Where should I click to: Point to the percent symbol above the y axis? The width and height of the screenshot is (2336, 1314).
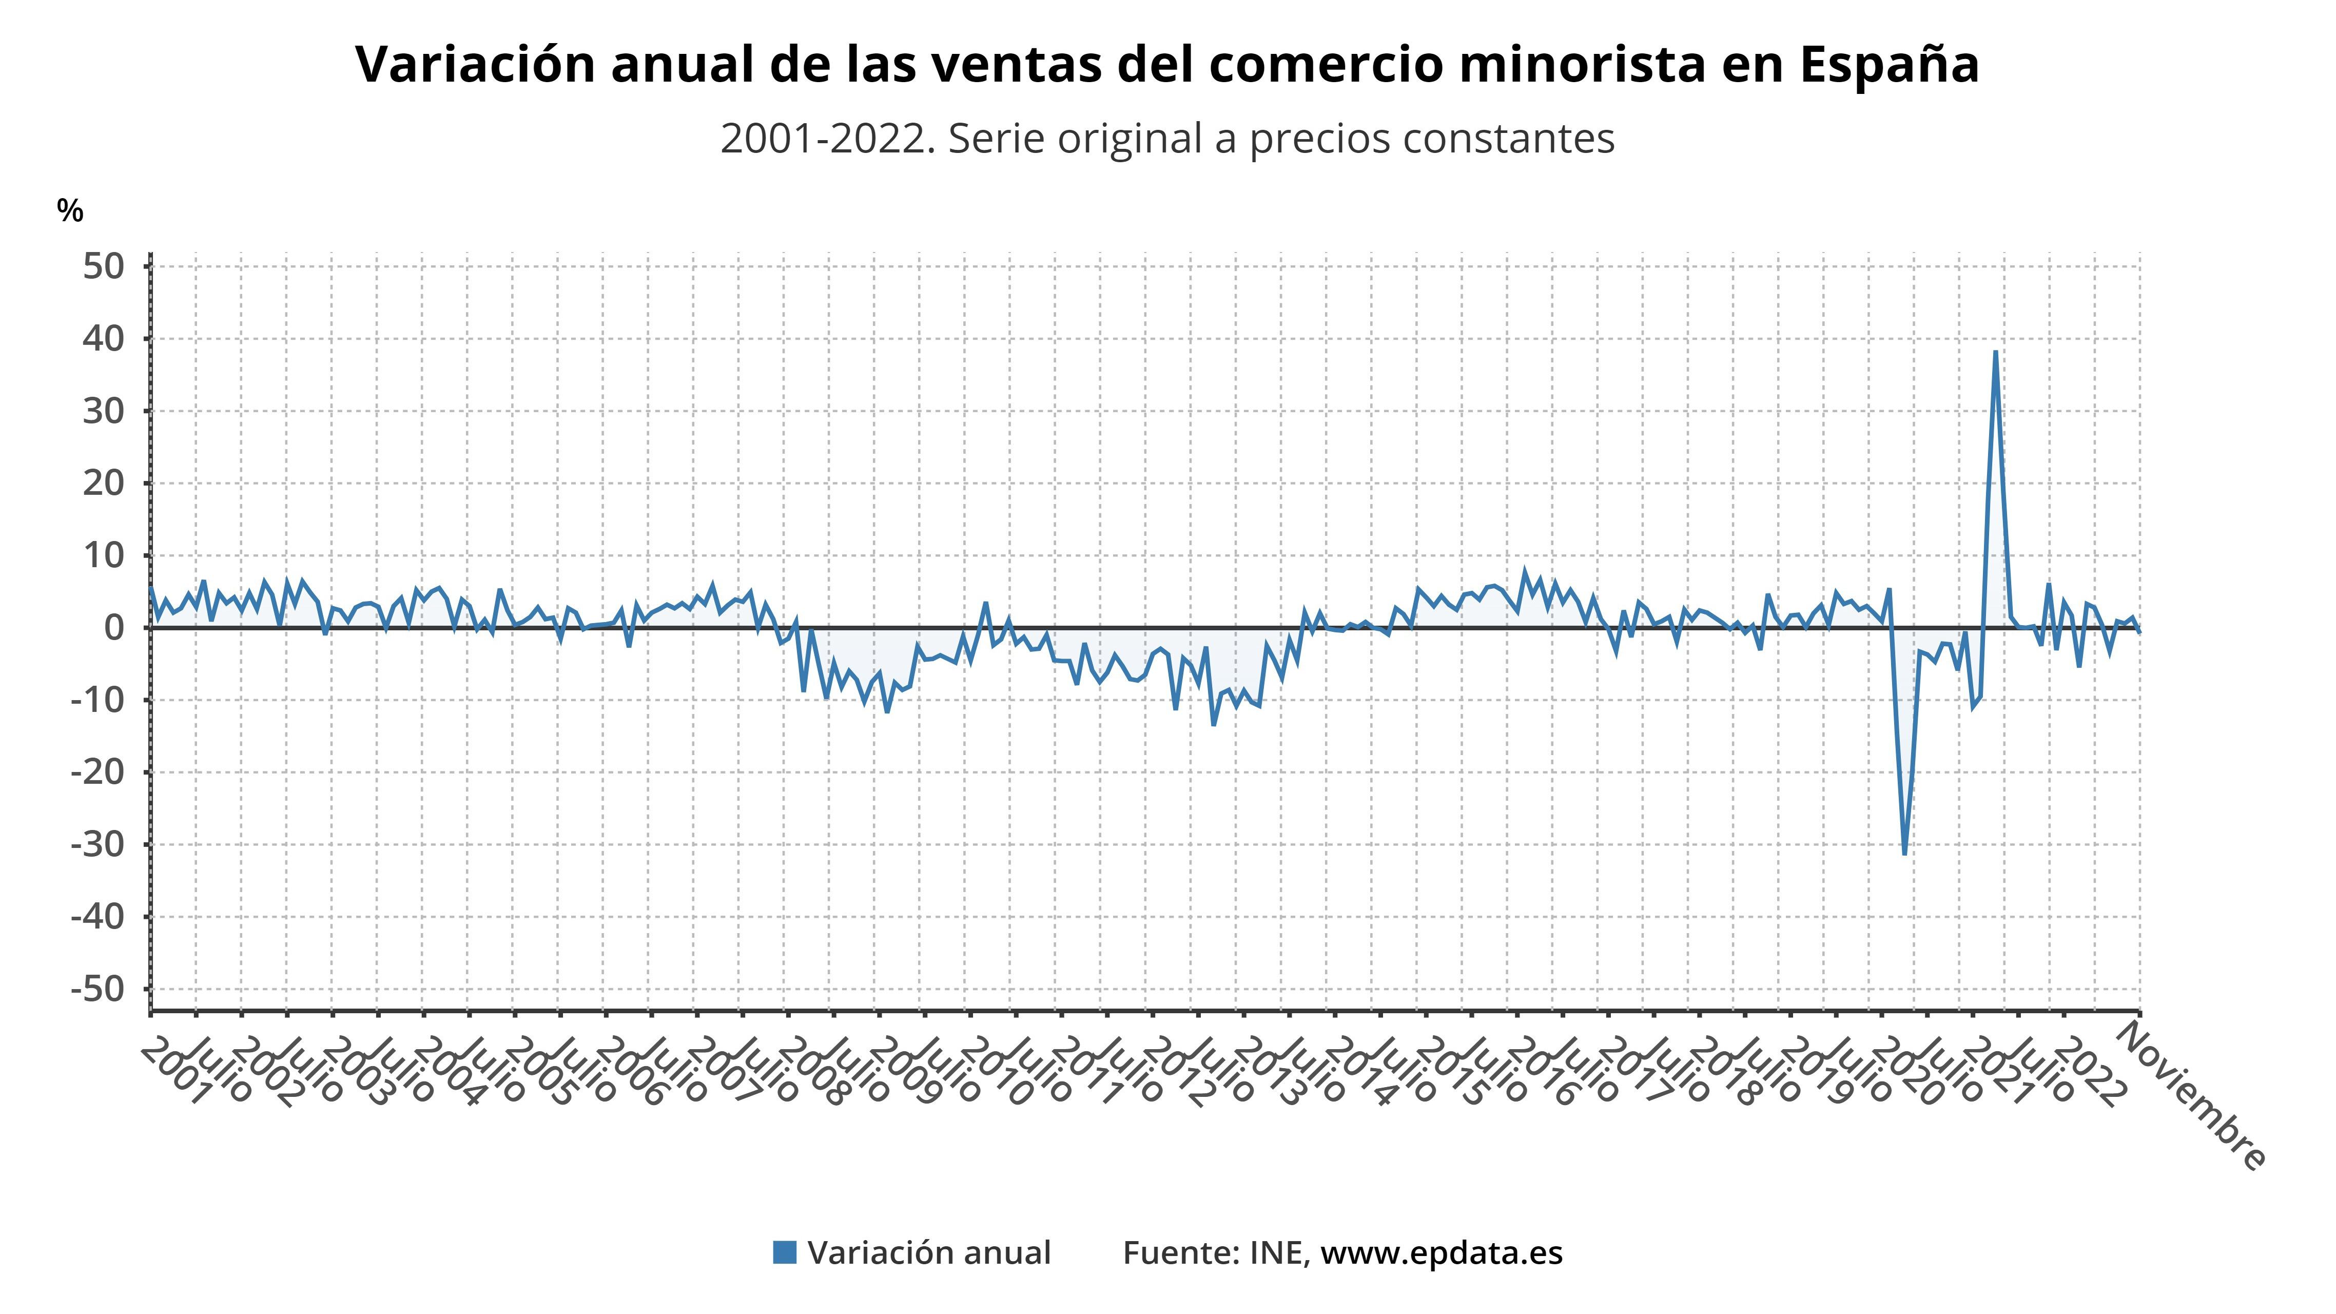coord(70,211)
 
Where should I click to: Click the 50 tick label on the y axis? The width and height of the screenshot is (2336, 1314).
coord(103,266)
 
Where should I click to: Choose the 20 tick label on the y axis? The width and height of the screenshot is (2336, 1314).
coord(103,484)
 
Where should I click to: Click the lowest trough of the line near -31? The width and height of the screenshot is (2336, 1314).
coord(1904,853)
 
